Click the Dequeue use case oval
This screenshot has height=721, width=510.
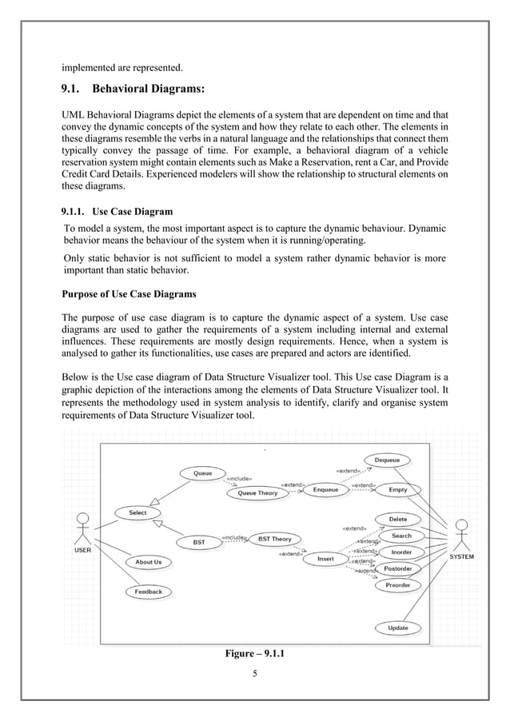(387, 460)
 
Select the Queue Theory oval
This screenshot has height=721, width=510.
(257, 493)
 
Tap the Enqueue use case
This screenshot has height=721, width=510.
(325, 489)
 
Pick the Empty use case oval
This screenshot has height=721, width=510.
(397, 489)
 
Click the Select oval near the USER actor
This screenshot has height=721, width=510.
(137, 512)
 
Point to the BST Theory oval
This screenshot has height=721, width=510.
(274, 539)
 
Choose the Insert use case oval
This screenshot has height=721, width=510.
(325, 558)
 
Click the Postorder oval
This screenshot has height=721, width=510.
(397, 569)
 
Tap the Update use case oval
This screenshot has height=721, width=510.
(398, 628)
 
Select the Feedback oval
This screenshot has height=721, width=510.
(148, 592)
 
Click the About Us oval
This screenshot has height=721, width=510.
(148, 562)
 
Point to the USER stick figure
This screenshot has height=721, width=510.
(82, 529)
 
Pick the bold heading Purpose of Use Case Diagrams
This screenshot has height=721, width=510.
(129, 293)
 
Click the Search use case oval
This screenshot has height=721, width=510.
(401, 536)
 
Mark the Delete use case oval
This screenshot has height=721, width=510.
(397, 519)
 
